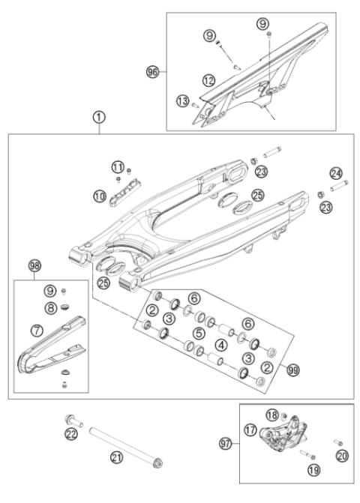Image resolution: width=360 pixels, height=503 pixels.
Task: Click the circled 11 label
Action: pyautogui.click(x=116, y=166)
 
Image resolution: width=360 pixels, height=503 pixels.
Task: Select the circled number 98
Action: pyautogui.click(x=34, y=266)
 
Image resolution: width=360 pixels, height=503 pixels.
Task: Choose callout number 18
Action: pyautogui.click(x=273, y=415)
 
